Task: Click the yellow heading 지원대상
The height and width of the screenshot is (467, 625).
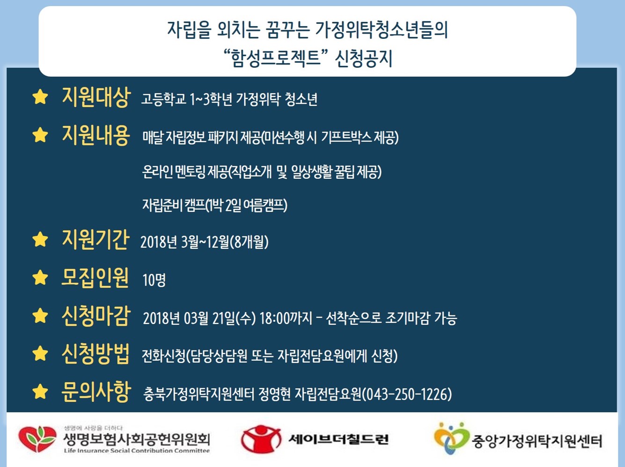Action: [x=96, y=97]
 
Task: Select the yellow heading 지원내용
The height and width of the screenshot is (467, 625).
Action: [x=96, y=135]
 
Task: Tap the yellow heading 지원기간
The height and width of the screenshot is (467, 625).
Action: [x=96, y=240]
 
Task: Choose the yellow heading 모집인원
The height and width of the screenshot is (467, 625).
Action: [x=95, y=277]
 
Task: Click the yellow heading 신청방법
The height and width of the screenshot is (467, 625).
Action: [x=96, y=354]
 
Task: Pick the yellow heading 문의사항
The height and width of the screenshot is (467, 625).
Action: [x=96, y=392]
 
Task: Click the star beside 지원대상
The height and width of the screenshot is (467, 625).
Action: [x=40, y=97]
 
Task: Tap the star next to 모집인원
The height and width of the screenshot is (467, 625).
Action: [x=40, y=277]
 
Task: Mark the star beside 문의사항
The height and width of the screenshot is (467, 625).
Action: [x=40, y=392]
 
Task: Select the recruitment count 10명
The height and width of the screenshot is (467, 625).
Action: [x=154, y=280]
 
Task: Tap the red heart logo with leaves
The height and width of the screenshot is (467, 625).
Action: [x=37, y=439]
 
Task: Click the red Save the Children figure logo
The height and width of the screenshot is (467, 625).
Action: [x=261, y=439]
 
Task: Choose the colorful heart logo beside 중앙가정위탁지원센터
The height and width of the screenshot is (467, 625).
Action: [x=451, y=438]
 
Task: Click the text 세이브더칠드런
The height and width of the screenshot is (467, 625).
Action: [x=338, y=439]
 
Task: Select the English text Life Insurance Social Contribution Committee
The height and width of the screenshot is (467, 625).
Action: [x=137, y=451]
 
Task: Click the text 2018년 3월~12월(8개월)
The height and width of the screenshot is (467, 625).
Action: [x=205, y=242]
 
